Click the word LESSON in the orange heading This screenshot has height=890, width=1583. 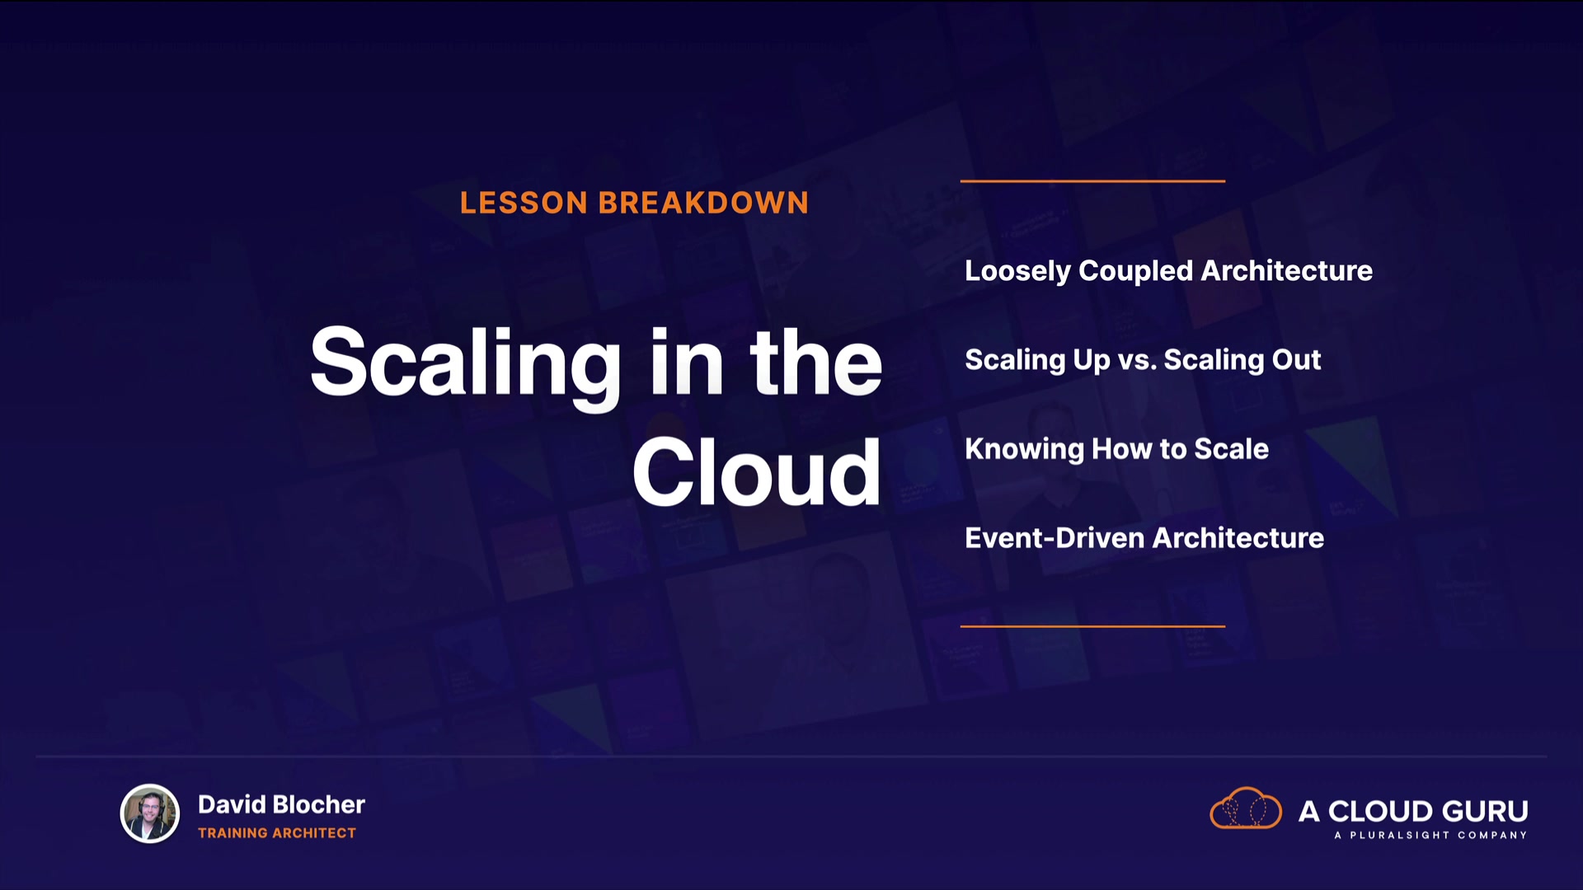pyautogui.click(x=524, y=203)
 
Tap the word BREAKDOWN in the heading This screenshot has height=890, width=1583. pyautogui.click(x=703, y=203)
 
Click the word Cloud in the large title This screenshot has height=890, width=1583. pyautogui.click(x=757, y=472)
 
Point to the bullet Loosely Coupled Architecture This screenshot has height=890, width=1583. pyautogui.click(x=1168, y=271)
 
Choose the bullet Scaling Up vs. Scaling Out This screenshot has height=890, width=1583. pyautogui.click(x=1143, y=360)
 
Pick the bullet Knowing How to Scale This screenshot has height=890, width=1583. pyautogui.click(x=1116, y=449)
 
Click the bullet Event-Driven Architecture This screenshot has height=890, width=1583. pyautogui.click(x=1144, y=538)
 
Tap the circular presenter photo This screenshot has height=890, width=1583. pyautogui.click(x=150, y=813)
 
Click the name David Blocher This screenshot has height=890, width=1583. pyautogui.click(x=281, y=804)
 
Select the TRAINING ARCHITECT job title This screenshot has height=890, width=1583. pyautogui.click(x=277, y=833)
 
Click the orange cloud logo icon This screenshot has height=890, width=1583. pyautogui.click(x=1246, y=808)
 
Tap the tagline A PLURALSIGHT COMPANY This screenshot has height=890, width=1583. pyautogui.click(x=1430, y=836)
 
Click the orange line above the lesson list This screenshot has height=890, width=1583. pyautogui.click(x=1092, y=180)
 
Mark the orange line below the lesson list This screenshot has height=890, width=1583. pyautogui.click(x=1092, y=626)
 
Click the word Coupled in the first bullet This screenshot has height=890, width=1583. pyautogui.click(x=1135, y=271)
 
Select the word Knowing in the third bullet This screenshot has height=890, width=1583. pyautogui.click(x=1024, y=449)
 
